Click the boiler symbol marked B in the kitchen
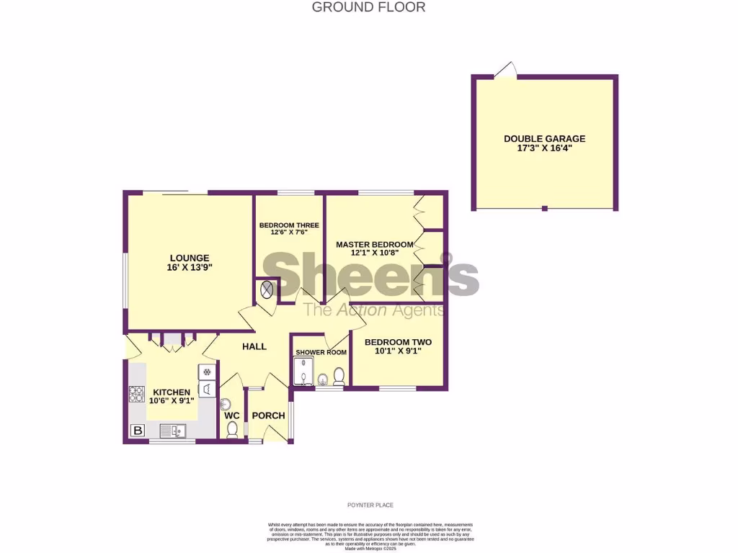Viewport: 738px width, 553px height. (135, 431)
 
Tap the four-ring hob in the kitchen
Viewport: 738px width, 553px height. (136, 394)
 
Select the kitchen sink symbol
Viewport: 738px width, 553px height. (173, 431)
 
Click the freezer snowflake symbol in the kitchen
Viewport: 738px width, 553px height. (207, 372)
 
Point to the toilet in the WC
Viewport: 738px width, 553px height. (232, 430)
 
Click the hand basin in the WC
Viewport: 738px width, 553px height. (225, 405)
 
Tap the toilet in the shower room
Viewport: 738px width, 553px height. (338, 376)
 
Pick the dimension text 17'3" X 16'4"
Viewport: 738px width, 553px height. (544, 148)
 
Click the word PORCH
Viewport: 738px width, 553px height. (268, 415)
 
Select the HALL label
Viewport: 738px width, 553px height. (254, 346)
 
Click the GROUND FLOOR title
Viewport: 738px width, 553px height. (368, 7)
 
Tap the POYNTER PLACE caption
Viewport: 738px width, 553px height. (368, 505)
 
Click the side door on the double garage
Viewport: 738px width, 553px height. (507, 69)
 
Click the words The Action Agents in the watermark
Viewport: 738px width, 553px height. (373, 310)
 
